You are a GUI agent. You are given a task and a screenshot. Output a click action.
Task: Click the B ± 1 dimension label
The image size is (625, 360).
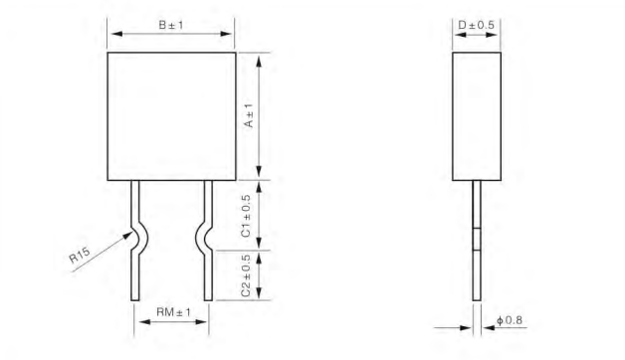point(171,25)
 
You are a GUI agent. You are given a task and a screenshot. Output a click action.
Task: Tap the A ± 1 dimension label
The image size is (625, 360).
point(249,115)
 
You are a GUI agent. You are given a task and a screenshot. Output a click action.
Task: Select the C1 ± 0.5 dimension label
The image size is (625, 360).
point(247,216)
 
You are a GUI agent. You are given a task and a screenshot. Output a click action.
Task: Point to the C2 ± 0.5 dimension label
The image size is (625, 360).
point(247,276)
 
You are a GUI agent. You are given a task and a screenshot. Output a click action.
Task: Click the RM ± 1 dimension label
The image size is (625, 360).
point(173,312)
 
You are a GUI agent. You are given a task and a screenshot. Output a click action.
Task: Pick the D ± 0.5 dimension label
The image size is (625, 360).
point(476,25)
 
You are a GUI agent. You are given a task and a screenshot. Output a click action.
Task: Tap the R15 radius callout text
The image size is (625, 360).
point(80,256)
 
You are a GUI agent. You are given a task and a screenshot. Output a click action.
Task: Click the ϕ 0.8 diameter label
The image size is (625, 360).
point(510,320)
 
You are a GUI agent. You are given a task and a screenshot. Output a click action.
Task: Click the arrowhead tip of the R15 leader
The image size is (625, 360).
point(132,232)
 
